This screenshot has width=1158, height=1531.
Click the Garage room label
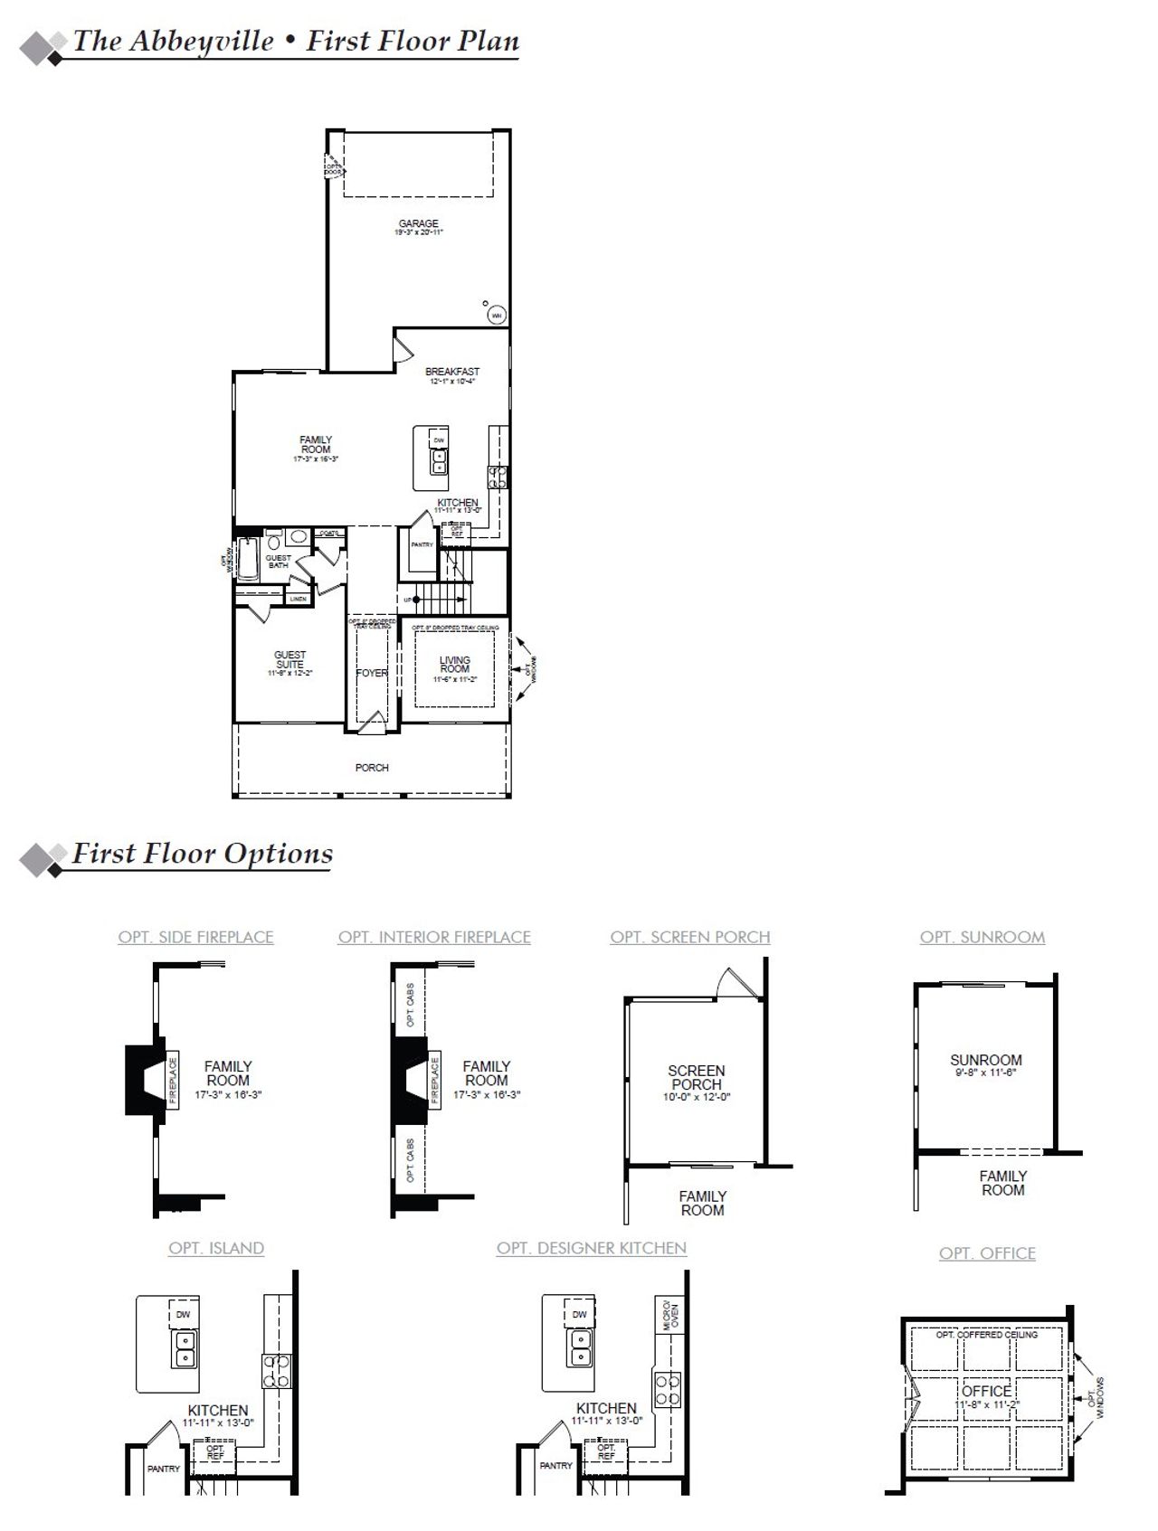pos(418,223)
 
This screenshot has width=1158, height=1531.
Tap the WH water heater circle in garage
pos(497,315)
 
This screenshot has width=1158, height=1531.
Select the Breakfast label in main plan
pos(452,372)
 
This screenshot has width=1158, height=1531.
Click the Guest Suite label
pos(290,659)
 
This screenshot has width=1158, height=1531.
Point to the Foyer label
pos(372,673)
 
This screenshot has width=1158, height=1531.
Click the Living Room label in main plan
pos(455,665)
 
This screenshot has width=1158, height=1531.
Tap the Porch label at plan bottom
pos(372,768)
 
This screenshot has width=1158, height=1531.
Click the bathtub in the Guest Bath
pos(248,558)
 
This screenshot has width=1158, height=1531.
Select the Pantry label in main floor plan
pos(422,544)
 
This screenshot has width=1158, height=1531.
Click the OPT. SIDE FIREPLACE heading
pos(195,938)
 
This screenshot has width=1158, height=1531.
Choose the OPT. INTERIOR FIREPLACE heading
pos(434,938)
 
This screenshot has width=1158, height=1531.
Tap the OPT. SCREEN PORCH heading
pos(690,938)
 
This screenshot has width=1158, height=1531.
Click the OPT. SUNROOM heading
pos(982,938)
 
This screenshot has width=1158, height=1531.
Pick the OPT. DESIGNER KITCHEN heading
pos(592,1248)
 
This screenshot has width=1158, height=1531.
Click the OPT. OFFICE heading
pos(987,1253)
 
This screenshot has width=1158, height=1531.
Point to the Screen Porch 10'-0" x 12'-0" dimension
pos(697,1097)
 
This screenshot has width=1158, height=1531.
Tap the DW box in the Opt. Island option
pos(184,1315)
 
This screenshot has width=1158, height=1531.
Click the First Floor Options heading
pos(203,854)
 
